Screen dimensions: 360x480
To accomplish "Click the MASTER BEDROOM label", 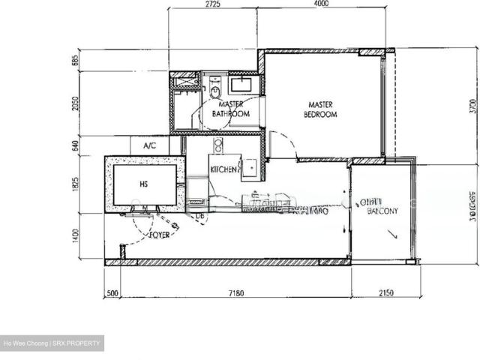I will (320, 109).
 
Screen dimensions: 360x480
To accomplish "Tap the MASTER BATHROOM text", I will (230, 109).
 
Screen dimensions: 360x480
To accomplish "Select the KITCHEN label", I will (225, 169).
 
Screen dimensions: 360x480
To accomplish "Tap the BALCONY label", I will (382, 211).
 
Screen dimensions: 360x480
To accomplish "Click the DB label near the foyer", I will (200, 217).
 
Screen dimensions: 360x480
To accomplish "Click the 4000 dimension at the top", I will (321, 4).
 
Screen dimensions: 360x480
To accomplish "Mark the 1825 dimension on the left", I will (75, 184).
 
